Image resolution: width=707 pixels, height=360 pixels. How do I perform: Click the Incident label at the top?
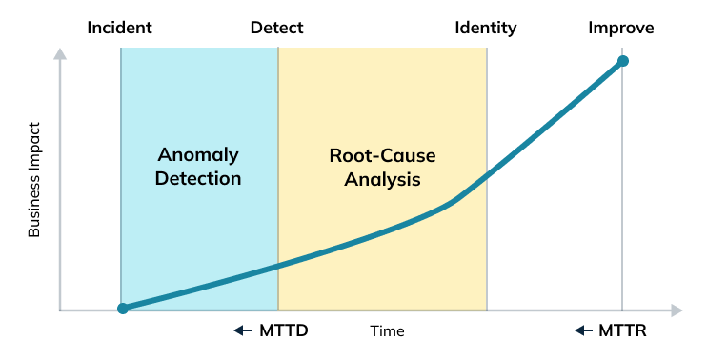(121, 28)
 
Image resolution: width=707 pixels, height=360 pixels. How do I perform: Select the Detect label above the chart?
(277, 28)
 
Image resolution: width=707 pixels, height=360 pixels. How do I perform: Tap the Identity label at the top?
(486, 28)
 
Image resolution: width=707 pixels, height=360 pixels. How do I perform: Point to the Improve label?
(621, 28)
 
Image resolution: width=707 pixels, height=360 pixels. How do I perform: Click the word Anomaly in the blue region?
(198, 154)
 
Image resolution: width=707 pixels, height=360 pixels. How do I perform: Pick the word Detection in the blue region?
(198, 178)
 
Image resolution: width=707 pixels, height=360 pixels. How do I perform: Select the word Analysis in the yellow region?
(383, 178)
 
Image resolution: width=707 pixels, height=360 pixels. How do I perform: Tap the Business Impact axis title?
(34, 179)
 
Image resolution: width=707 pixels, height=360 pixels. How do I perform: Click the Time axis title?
(388, 331)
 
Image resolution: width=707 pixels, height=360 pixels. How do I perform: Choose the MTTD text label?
(284, 331)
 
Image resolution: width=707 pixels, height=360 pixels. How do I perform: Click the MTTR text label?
(624, 331)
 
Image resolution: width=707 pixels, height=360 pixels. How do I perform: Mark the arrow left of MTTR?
(583, 331)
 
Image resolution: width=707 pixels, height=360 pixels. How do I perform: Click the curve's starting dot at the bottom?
(122, 309)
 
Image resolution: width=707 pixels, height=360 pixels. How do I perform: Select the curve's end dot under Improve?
(622, 61)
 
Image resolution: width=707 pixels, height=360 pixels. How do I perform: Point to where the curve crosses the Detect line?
(278, 266)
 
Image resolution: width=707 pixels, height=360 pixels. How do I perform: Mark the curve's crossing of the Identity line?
(487, 174)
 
